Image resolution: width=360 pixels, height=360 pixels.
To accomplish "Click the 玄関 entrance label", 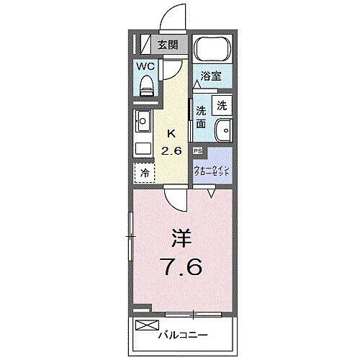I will click(168, 45).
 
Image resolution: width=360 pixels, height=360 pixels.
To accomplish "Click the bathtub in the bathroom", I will click(211, 50).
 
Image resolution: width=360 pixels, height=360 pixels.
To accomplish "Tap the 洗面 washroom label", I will click(202, 117).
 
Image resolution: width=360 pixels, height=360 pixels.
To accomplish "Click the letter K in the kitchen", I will click(171, 133).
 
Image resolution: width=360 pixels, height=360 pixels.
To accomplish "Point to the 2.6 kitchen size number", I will click(171, 150).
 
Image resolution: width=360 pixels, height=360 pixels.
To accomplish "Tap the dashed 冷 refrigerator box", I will click(144, 173).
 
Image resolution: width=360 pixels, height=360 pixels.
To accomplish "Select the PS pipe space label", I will click(197, 151).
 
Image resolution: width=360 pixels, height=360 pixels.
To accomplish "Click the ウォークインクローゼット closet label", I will click(211, 173).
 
